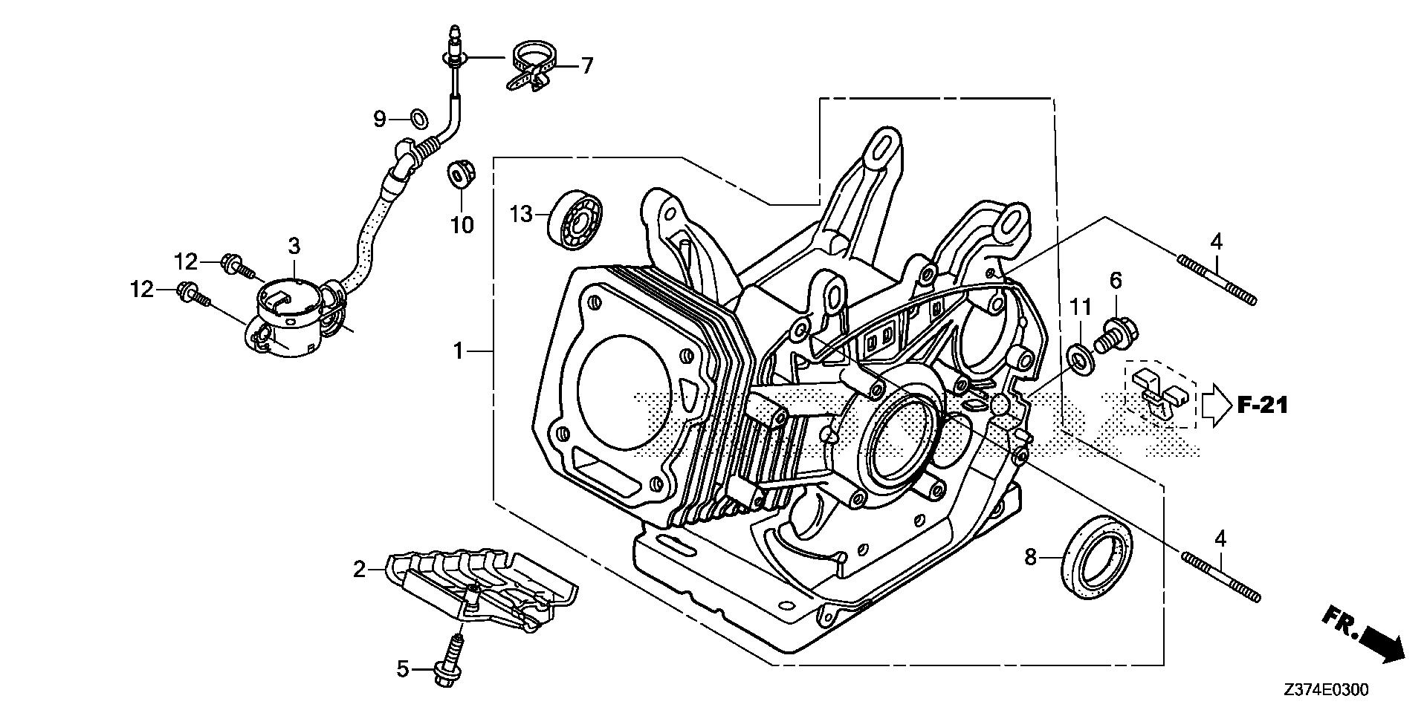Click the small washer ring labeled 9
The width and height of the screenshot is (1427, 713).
click(419, 117)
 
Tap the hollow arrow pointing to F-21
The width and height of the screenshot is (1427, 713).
click(1215, 405)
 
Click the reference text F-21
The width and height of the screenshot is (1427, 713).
click(1263, 405)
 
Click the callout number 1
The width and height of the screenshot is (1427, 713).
click(459, 350)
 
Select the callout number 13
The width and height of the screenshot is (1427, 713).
click(522, 215)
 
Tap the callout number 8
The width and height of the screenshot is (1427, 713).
click(1030, 557)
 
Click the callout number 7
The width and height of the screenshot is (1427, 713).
click(587, 66)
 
